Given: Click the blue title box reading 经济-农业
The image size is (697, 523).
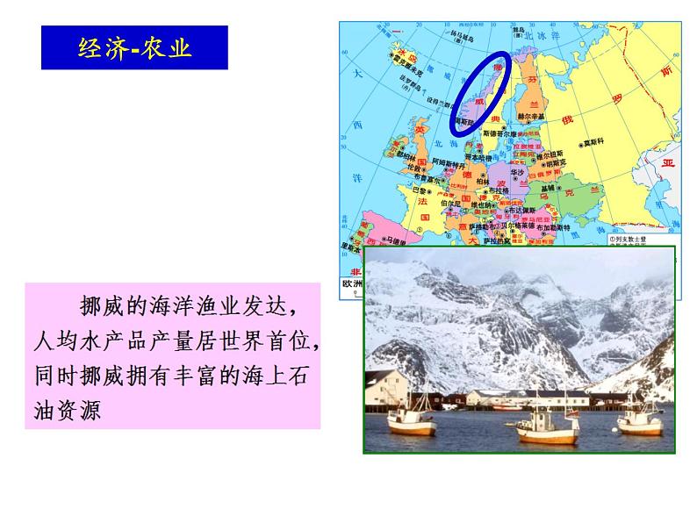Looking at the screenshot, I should pos(134,47).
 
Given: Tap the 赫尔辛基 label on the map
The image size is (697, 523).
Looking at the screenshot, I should pos(530,116).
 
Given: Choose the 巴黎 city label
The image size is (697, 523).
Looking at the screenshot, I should pos(421,189).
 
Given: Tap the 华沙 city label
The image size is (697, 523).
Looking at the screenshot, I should pos(518,174).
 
